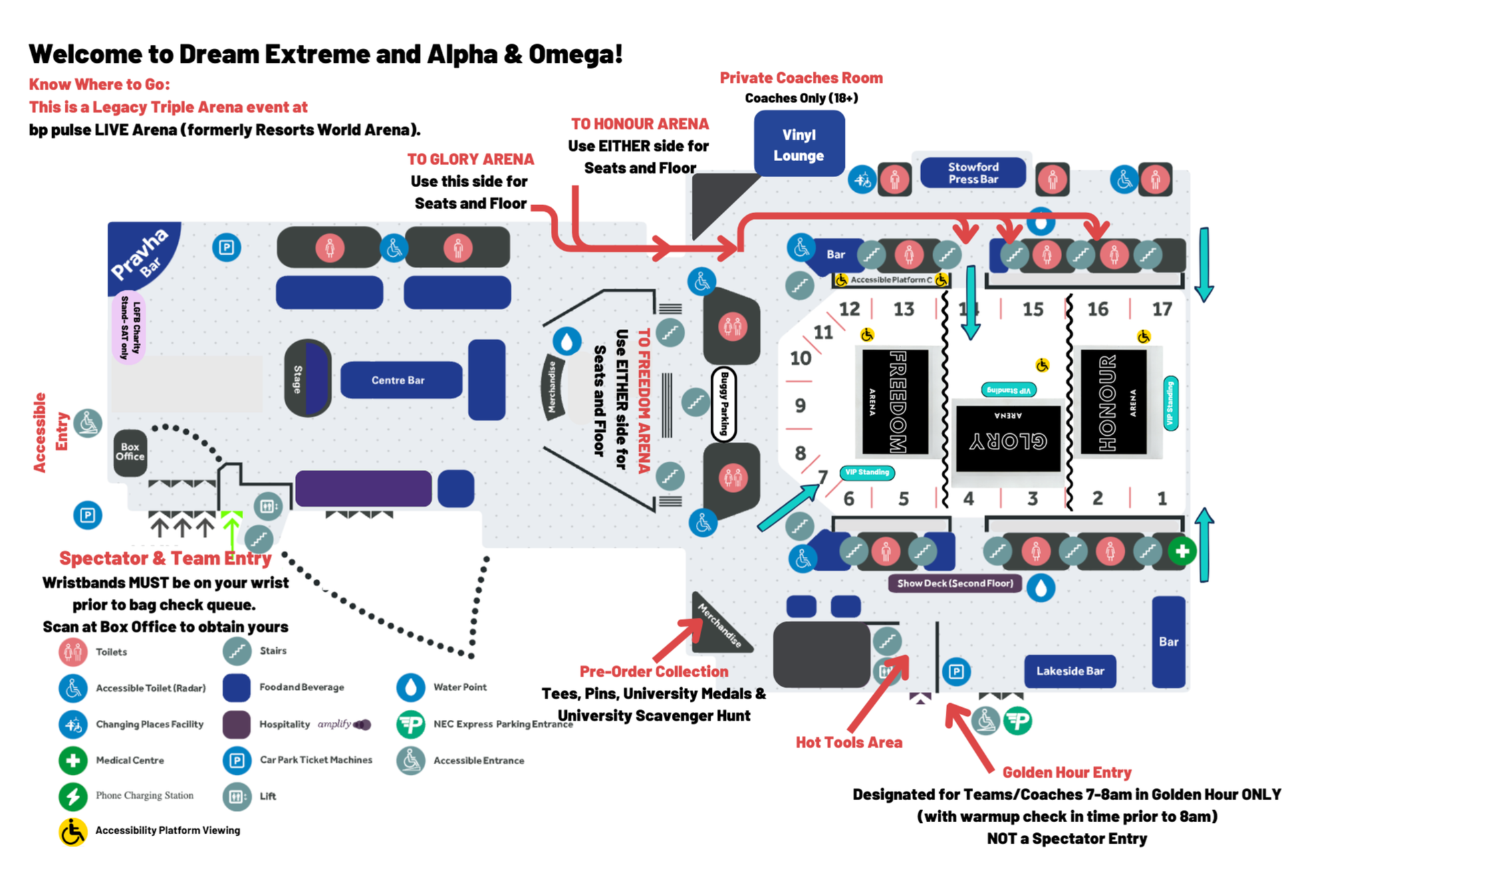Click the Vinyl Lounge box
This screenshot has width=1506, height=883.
[x=799, y=144]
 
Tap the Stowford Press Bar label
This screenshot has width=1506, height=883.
[x=973, y=173]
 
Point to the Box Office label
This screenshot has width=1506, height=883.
[x=130, y=453]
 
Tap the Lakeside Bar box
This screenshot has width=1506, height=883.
[x=1070, y=671]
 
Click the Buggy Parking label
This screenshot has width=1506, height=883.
[x=723, y=404]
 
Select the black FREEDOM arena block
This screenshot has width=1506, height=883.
[x=895, y=402]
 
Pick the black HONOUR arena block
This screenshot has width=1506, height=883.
[x=1113, y=402]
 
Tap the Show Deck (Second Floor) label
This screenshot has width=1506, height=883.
[x=955, y=584]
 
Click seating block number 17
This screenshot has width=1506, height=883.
[x=1162, y=309]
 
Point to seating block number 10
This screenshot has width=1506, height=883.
[x=800, y=359]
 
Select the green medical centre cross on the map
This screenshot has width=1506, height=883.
[x=1182, y=551]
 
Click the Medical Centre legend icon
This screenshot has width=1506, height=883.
[x=73, y=761]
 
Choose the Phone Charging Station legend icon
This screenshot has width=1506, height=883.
[x=73, y=796]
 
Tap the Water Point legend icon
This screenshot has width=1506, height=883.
[x=410, y=687]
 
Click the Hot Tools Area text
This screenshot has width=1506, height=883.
[x=848, y=743]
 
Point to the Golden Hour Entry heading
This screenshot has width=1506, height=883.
[x=1066, y=773]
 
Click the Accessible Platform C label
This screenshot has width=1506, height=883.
[x=890, y=280]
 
